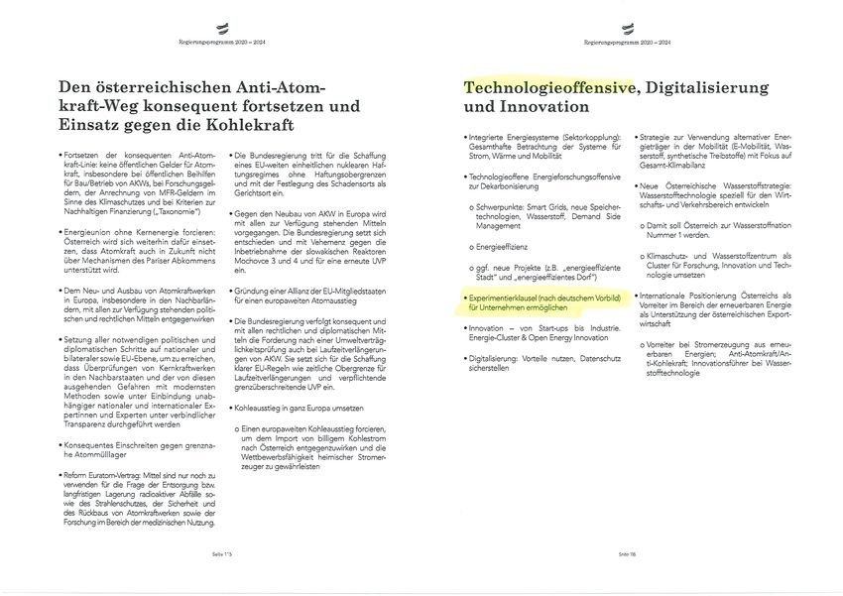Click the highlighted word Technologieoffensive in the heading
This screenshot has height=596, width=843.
click(548, 87)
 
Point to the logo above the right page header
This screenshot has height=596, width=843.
click(627, 30)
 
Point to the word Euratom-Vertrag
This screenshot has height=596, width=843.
click(103, 475)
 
